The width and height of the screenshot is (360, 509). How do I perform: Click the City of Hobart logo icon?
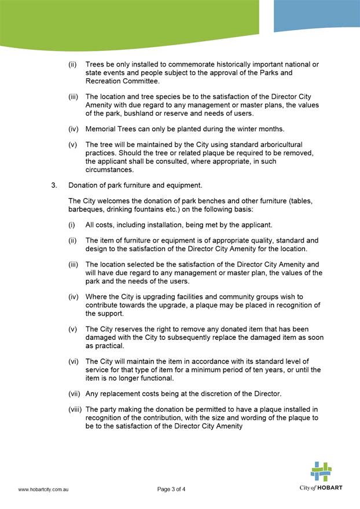pos(321,471)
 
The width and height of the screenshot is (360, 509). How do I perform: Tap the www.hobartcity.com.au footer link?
pos(44,489)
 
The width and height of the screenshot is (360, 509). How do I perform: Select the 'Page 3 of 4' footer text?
pos(171,489)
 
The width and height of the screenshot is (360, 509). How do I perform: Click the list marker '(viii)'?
pos(76,409)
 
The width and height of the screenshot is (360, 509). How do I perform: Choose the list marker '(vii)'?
pos(75,394)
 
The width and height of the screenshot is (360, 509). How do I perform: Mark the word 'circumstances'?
pos(109,170)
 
